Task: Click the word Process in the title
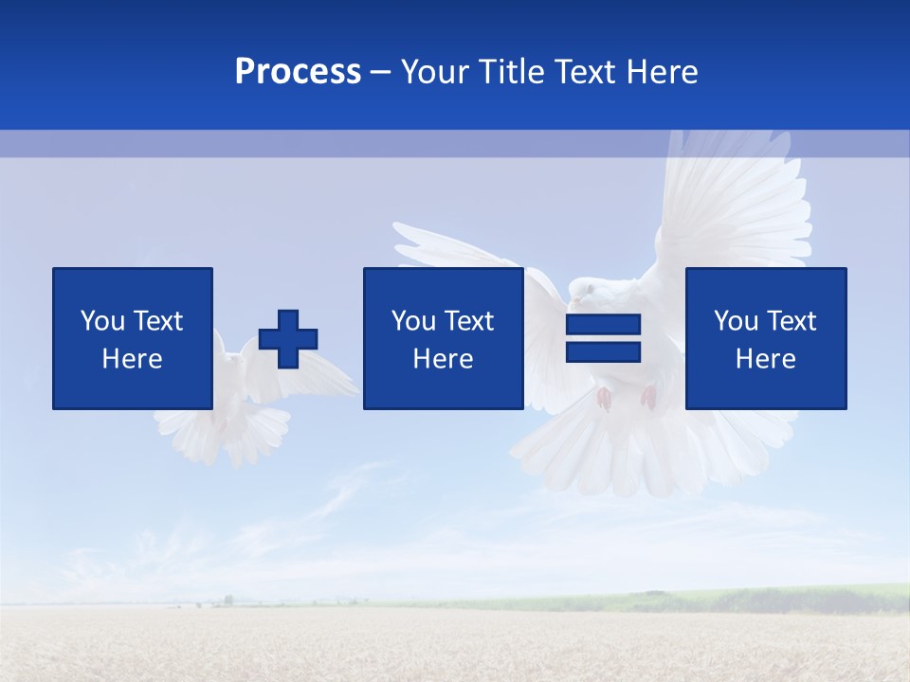coord(298,72)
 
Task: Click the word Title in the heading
coord(512,72)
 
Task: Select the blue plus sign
coord(288,338)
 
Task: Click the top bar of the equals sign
coord(603,325)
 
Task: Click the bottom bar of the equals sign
coord(603,352)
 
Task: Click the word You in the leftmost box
coord(102,321)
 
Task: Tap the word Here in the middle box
coord(443,359)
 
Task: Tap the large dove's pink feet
coord(626,398)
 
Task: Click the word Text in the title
coord(580,72)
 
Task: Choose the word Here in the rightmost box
coord(765,359)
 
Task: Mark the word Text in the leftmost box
coord(157,321)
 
